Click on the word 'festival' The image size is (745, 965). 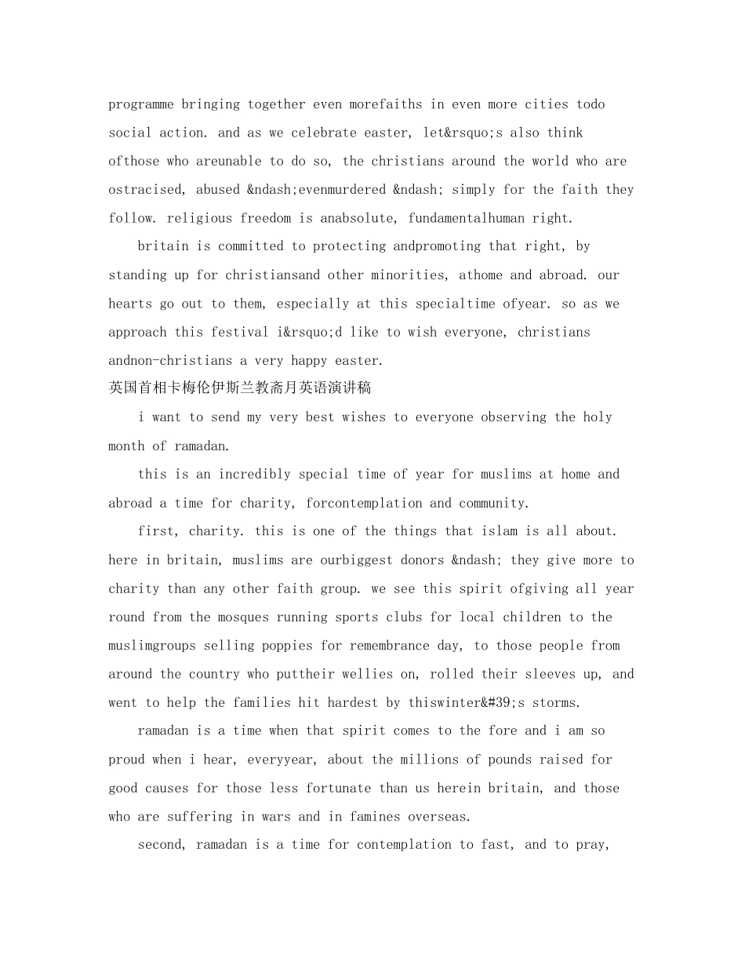(240, 332)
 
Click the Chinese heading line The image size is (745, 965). (240, 388)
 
